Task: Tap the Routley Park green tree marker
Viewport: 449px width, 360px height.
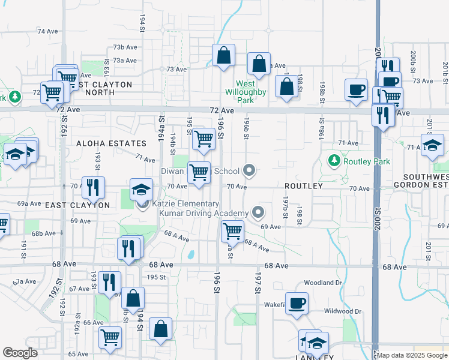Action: pos(334,161)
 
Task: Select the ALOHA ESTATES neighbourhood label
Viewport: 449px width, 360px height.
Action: pos(111,143)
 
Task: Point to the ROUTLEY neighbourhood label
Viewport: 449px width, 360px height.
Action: pos(304,186)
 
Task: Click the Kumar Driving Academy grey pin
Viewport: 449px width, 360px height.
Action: pos(258,212)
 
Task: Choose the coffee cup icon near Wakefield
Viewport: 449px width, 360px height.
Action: pos(297,304)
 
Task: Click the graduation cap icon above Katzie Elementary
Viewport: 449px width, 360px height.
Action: pos(141,190)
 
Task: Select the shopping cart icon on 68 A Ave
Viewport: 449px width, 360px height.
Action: pos(232,230)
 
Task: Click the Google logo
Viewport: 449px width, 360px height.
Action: pos(20,353)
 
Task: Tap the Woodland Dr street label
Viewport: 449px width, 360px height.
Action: pos(322,283)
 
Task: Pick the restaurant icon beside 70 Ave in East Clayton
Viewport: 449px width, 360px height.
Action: pos(92,187)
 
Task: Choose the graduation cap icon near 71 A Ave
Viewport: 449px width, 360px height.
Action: pos(432,146)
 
